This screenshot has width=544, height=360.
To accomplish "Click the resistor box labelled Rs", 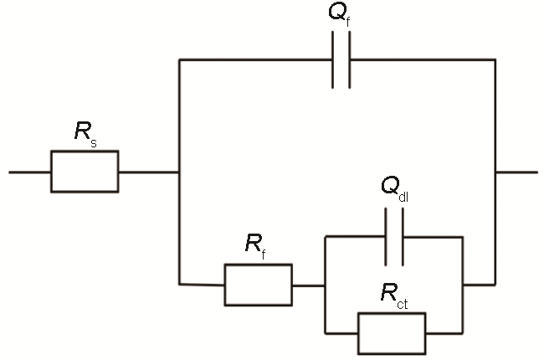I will click(85, 172).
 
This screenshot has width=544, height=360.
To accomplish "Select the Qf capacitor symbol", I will click(341, 59).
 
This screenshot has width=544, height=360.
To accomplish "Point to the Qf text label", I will click(341, 16).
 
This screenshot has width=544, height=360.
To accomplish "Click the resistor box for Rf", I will click(258, 285).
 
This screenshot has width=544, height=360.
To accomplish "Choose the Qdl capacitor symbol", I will click(393, 237).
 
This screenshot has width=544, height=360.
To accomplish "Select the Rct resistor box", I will click(392, 332).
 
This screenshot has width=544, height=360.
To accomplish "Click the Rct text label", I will click(392, 295).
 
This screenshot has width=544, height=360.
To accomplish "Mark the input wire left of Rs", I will click(29, 172).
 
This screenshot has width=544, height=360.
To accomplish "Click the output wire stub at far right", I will click(516, 172).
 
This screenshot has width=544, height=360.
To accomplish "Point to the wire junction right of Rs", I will click(179, 172).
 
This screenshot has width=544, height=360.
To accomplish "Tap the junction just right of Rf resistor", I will click(324, 285).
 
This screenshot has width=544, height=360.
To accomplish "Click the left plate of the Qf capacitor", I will click(334, 59).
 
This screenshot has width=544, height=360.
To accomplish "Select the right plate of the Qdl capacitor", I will click(402, 237).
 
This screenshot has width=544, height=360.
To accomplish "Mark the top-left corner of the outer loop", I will click(179, 59).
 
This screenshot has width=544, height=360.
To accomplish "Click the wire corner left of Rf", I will click(179, 285).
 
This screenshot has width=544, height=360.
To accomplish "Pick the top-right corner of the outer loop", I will click(495, 59).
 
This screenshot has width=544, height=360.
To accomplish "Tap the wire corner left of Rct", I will click(324, 332).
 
